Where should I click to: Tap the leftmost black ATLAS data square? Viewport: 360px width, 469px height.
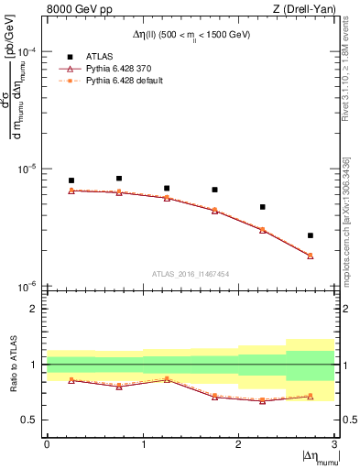71,180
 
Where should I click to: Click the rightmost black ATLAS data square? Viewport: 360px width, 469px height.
311,235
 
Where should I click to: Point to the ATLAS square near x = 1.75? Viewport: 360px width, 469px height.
214,190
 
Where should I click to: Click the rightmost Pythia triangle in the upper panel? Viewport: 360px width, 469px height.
311,256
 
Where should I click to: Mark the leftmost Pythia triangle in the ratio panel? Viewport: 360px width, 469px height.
71,380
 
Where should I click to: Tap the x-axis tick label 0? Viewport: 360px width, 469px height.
47,444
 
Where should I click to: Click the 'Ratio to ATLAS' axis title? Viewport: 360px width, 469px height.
12,364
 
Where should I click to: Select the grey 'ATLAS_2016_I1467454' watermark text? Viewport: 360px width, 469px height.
191,273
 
